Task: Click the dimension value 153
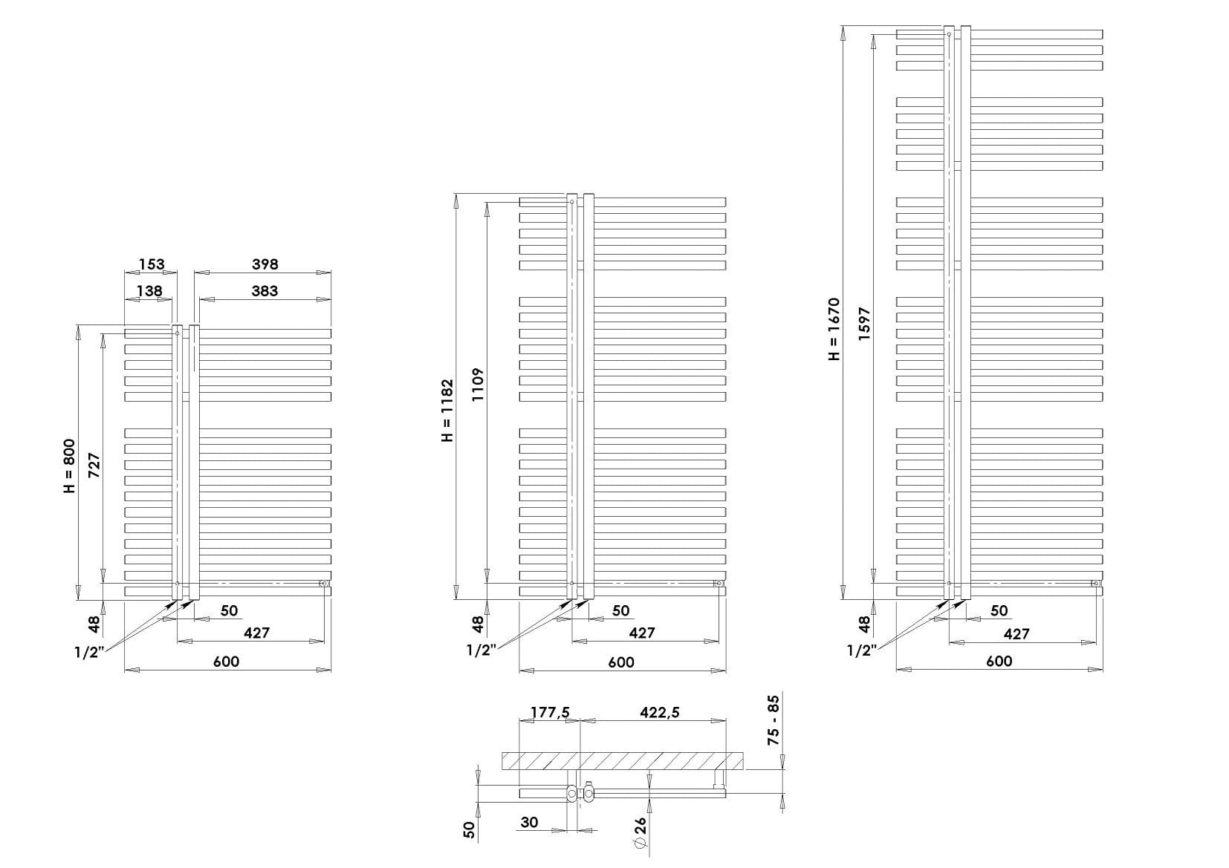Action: pyautogui.click(x=152, y=264)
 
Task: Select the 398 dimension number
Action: pyautogui.click(x=265, y=264)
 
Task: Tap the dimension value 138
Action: pyautogui.click(x=149, y=290)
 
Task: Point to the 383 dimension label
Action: pyautogui.click(x=265, y=290)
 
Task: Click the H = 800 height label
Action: pyautogui.click(x=69, y=466)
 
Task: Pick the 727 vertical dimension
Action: pyautogui.click(x=94, y=465)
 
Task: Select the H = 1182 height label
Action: pyautogui.click(x=448, y=410)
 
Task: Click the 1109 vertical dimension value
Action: pyautogui.click(x=478, y=385)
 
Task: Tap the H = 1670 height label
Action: pyautogui.click(x=834, y=329)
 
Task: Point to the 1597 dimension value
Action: pyautogui.click(x=864, y=324)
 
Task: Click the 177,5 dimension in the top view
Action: pyautogui.click(x=550, y=712)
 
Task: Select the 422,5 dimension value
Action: pyautogui.click(x=660, y=712)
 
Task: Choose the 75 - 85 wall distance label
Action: pyautogui.click(x=773, y=720)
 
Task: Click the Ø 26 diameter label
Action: pyautogui.click(x=641, y=833)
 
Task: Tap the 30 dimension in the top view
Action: pyautogui.click(x=530, y=822)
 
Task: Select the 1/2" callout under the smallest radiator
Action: pyautogui.click(x=89, y=653)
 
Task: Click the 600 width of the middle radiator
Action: pyautogui.click(x=621, y=662)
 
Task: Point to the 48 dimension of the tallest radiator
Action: pyautogui.click(x=864, y=624)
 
